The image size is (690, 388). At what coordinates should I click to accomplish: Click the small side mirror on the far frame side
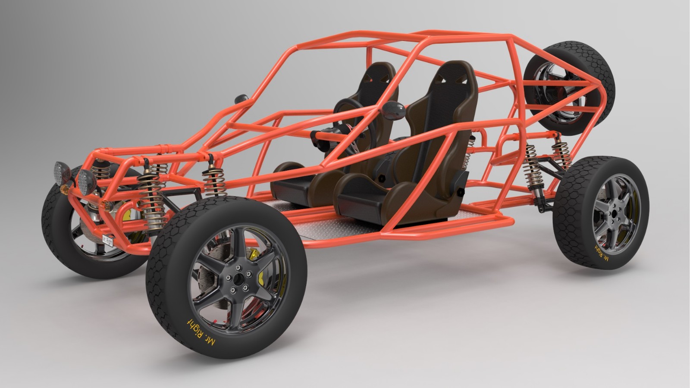click(242, 99)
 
